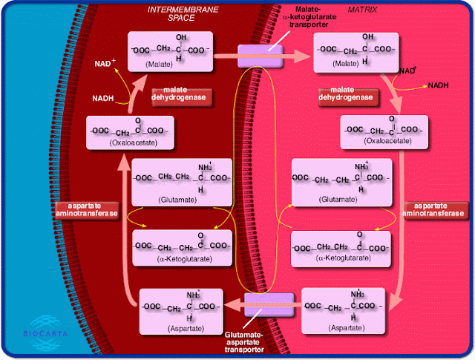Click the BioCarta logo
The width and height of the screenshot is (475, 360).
coord(45,333)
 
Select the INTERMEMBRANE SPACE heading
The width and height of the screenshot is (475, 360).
coord(183,13)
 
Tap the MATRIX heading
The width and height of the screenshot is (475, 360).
coord(362,10)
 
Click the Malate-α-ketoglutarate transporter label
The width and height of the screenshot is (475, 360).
coord(309,17)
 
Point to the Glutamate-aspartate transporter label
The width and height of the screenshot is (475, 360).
coord(244,342)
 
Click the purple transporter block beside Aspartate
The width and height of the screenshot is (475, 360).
coord(269,304)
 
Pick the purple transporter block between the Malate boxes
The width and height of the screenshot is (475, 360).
coord(261,56)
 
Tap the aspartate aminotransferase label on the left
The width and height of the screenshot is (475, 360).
coord(86,210)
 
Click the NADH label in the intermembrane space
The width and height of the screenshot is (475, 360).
coord(103,99)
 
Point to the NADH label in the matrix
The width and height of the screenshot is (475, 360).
coord(438,85)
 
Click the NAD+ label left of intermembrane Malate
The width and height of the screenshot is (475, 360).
coord(105,63)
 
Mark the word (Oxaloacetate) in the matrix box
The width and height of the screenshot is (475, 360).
coord(387,141)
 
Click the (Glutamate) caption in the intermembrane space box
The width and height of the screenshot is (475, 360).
coord(177,200)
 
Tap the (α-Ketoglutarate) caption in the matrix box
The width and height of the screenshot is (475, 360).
coord(343,258)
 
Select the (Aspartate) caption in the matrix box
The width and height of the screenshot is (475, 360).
coord(347,328)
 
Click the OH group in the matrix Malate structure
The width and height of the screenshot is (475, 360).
coord(368,36)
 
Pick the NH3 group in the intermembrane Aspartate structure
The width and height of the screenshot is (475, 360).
coord(193,295)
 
